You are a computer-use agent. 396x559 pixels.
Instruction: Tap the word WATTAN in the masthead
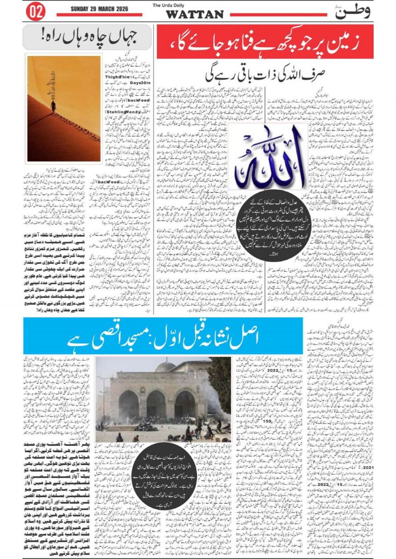coord(195,14)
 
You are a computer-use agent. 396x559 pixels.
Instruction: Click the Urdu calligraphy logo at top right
coord(352,11)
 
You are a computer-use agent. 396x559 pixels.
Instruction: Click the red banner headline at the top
coord(265,43)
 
